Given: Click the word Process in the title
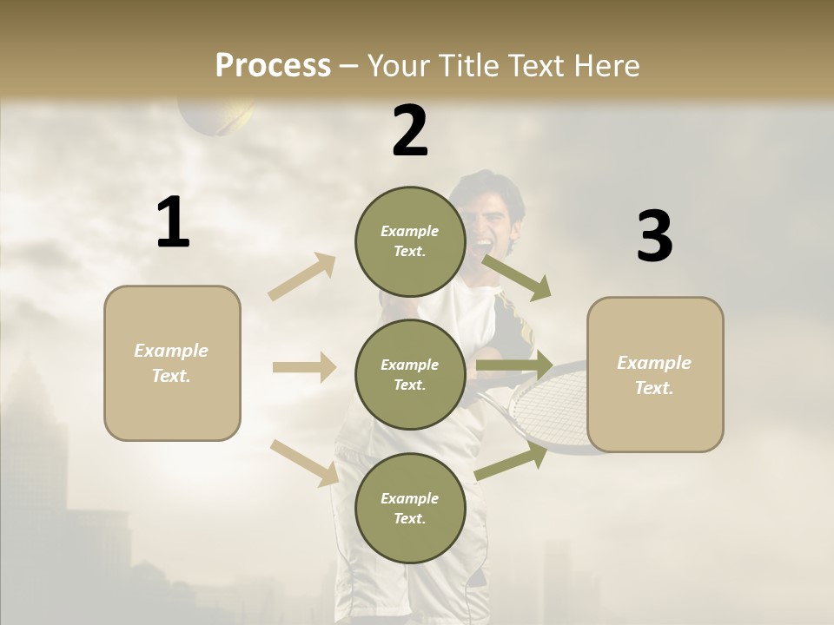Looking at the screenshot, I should (273, 66).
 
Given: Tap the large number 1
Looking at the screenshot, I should (173, 223).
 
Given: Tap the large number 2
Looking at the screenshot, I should (410, 131).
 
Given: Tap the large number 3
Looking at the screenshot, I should (654, 237).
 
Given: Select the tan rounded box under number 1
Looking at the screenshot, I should (172, 363).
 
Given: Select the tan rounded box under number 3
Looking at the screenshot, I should (655, 375).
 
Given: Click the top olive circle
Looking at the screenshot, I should (410, 241).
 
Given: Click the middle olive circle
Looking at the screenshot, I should (410, 375).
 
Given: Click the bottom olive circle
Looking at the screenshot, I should (410, 509).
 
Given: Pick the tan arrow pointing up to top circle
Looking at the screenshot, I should (302, 277).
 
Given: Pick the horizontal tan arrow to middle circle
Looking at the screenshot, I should (304, 367).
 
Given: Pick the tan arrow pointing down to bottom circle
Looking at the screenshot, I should (304, 462).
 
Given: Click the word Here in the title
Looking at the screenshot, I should (605, 66).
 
